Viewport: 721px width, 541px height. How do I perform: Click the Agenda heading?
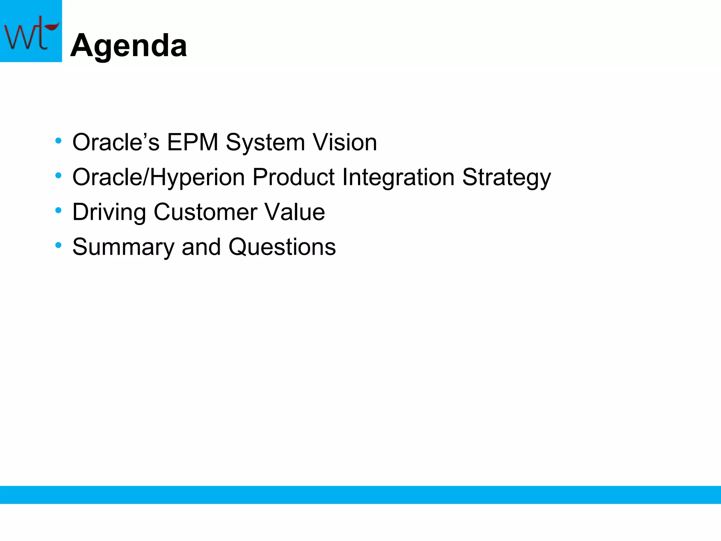(129, 46)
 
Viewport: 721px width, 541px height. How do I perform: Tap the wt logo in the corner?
(31, 31)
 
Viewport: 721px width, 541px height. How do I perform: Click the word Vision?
(345, 142)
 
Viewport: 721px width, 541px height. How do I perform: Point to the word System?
(265, 142)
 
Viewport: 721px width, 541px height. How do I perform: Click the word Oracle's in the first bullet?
(116, 142)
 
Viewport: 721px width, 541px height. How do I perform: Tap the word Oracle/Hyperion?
(158, 177)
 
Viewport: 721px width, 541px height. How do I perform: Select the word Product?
(293, 177)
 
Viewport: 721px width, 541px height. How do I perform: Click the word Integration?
(398, 177)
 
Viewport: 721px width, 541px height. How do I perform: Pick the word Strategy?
(506, 177)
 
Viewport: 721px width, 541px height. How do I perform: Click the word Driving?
(109, 212)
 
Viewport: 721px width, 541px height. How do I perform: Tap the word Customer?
(205, 212)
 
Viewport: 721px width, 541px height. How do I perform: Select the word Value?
(295, 212)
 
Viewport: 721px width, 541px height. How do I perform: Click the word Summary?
(123, 247)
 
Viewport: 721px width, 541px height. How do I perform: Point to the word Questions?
(282, 247)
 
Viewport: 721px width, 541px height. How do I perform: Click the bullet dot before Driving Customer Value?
(58, 211)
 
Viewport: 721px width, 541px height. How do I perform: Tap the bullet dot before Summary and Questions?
(58, 245)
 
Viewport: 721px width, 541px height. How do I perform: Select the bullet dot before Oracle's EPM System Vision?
(58, 141)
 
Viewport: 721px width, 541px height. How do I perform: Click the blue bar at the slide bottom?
(360, 495)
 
